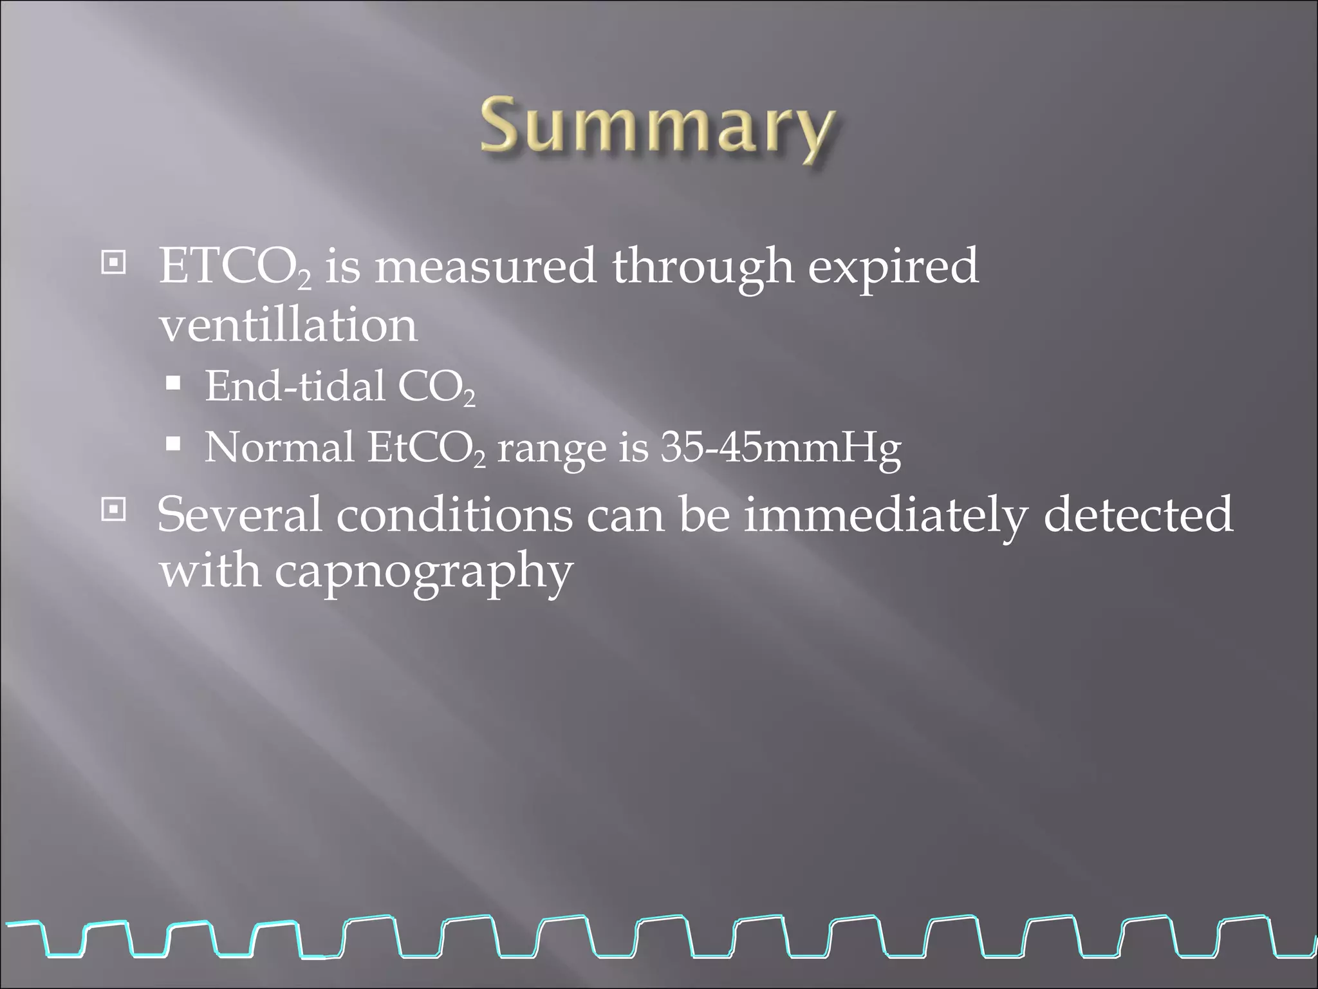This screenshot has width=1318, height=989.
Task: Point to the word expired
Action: coord(893,267)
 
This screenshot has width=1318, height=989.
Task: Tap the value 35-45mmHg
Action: coord(781,447)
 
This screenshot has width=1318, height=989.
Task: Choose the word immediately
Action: coord(886,515)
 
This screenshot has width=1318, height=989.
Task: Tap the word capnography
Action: coord(424,572)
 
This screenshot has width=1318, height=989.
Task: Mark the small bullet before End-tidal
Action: coord(173,385)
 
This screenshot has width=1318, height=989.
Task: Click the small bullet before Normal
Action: coord(173,444)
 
